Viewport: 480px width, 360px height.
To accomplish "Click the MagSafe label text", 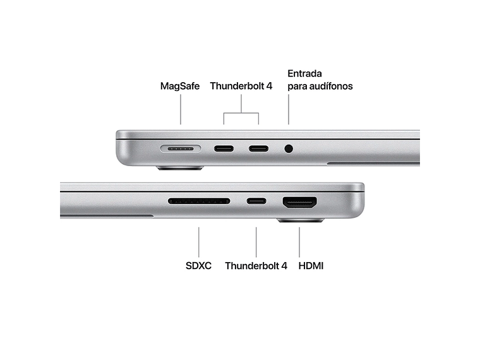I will coord(180,86).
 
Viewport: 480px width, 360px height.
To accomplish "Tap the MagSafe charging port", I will coord(181,149).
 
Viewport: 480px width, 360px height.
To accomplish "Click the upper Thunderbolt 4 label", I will coord(241,86).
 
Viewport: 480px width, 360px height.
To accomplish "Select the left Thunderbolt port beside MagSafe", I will coord(224,149).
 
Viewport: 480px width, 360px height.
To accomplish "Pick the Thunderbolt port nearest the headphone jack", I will coord(258,149).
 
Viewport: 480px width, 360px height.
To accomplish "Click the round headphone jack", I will coord(289,149).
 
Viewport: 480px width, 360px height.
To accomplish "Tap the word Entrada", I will coord(305,73).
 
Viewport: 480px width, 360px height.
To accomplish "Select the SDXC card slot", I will coord(199,201).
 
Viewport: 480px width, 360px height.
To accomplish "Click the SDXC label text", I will coord(199,266).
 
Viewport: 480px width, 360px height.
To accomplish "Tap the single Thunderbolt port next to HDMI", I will coord(256,201).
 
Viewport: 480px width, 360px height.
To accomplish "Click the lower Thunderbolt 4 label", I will coord(256,266).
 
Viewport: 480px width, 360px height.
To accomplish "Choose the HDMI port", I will coord(299,203).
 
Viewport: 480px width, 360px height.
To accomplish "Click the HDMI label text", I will coord(311,266).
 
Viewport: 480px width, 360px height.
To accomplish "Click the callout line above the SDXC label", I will coord(199,241).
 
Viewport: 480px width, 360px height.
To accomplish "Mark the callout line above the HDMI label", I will coord(299,241).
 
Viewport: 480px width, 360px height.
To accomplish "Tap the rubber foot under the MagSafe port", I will coord(180,168).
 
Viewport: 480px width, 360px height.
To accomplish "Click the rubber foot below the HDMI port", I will coord(300,220).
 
